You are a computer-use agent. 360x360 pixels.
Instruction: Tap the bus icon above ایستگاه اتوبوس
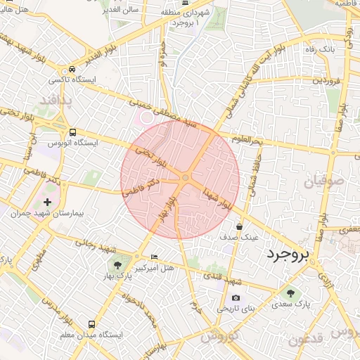72,131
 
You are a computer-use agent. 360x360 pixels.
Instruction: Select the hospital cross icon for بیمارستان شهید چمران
47,202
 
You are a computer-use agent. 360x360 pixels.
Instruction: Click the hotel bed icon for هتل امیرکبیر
155,257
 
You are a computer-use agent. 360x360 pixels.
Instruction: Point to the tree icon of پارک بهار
117,264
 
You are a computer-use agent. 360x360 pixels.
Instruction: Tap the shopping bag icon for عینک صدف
240,227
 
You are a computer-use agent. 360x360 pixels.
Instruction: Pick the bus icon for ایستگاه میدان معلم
91,324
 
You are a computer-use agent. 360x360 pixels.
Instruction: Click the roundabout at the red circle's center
185,179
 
